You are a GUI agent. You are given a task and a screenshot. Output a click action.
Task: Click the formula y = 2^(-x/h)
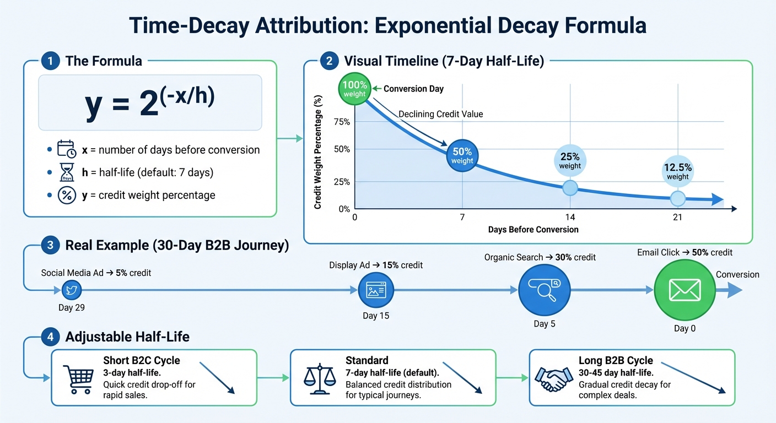click(x=150, y=103)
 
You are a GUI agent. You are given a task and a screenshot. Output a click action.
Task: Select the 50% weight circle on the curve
click(x=462, y=156)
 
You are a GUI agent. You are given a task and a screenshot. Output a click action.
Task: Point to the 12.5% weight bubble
click(x=677, y=172)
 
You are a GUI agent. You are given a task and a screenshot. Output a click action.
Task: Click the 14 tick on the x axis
click(x=570, y=218)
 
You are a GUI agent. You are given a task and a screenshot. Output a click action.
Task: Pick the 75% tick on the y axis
click(x=342, y=122)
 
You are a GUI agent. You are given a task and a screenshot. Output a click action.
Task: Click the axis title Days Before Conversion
click(x=533, y=230)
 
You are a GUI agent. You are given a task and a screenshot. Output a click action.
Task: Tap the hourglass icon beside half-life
click(x=66, y=172)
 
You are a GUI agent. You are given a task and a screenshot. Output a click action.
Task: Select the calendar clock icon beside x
click(x=66, y=150)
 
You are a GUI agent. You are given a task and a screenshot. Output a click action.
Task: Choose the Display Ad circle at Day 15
click(x=377, y=290)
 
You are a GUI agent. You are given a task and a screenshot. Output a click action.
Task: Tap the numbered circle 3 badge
click(x=50, y=246)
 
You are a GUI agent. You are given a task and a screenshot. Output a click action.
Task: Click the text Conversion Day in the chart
click(x=413, y=89)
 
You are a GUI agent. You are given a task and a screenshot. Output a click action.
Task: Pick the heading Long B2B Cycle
click(x=616, y=361)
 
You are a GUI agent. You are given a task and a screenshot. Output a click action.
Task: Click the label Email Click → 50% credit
click(x=685, y=252)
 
